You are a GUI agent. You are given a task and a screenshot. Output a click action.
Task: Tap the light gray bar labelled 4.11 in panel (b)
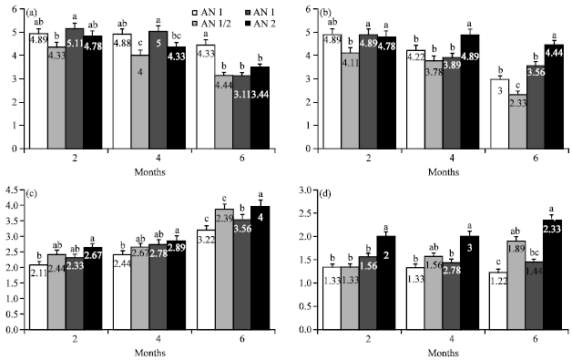(371, 100)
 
